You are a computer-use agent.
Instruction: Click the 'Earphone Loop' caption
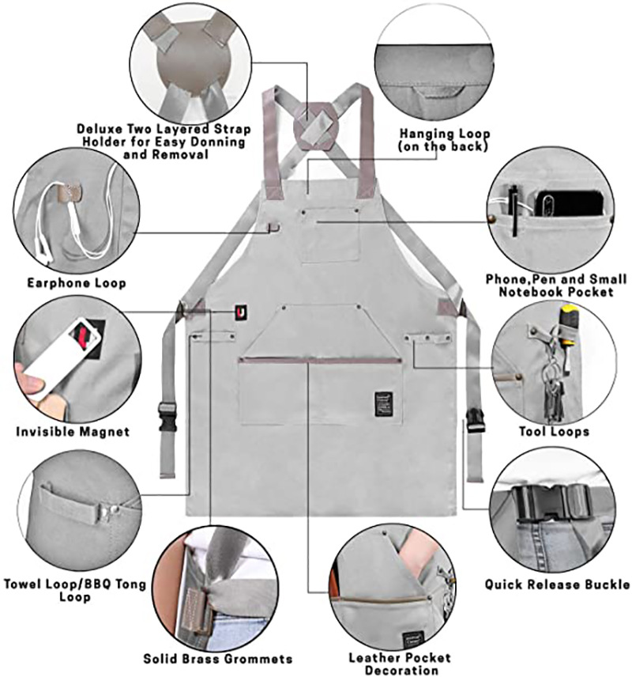coord(77,282)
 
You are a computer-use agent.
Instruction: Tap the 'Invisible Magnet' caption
coord(73,432)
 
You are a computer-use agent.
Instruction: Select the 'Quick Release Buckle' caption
coord(558,585)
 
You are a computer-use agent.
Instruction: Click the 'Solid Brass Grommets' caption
coord(218,658)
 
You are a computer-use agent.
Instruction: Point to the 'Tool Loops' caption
coord(554,432)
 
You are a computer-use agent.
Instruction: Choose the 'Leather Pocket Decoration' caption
coord(400,664)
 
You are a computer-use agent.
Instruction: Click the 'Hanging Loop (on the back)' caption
coord(444,140)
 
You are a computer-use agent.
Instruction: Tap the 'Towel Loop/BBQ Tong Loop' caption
coord(74,590)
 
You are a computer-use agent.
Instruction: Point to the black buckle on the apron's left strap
coord(167,414)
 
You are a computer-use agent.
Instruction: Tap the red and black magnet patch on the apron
coord(238,313)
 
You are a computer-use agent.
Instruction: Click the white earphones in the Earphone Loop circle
coord(55,225)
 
